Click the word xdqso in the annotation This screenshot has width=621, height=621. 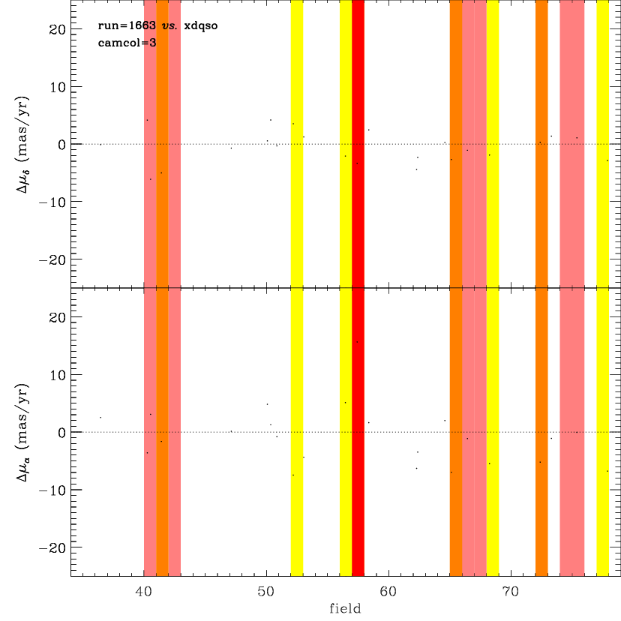(201, 26)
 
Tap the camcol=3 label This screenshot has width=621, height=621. (127, 43)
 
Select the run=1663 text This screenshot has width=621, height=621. (127, 25)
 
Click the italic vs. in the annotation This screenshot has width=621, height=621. (169, 26)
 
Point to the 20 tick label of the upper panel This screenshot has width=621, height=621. (57, 29)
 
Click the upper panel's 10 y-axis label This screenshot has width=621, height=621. (58, 87)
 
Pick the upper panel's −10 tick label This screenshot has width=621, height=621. (52, 202)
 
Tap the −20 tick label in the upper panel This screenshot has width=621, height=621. (52, 260)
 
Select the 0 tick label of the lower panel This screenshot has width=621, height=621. (61, 433)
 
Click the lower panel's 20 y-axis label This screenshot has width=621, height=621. (57, 317)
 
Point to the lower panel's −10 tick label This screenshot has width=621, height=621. (52, 490)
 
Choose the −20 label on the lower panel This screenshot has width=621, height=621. (52, 548)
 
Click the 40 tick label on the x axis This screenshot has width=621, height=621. (143, 592)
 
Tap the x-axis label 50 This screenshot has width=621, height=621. (265, 592)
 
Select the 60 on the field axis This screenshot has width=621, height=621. (388, 592)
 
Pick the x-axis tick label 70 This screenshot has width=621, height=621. (511, 592)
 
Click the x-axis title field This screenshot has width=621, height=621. (345, 608)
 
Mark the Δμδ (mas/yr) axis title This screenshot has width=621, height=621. (22, 145)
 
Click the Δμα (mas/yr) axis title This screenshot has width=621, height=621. (22, 433)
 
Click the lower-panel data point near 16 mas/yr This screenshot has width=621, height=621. (357, 342)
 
